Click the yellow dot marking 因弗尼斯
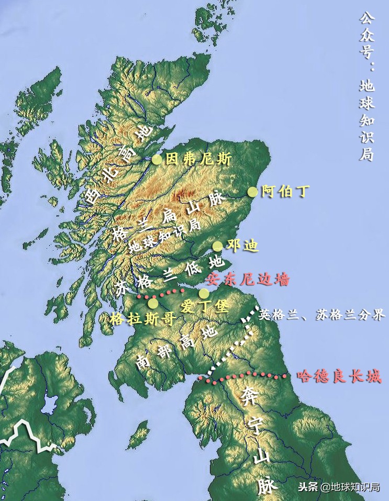157,160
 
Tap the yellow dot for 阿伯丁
253,192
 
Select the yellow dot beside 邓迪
217,246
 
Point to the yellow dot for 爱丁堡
204,294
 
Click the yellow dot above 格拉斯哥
153,303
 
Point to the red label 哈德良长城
339,376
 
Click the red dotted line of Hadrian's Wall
246,376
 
